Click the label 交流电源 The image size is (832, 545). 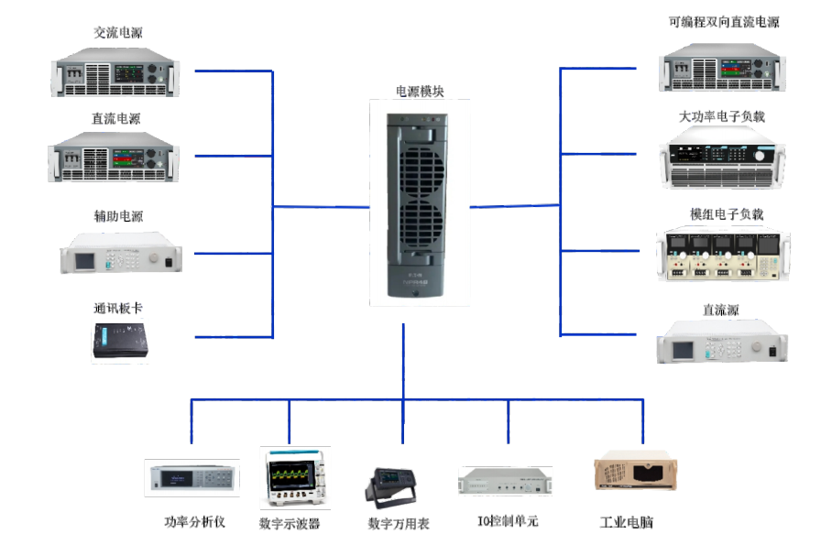tap(118, 33)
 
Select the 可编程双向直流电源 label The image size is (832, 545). tap(724, 22)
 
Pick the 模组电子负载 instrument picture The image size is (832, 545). tap(723, 254)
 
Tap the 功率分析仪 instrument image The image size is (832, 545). tap(192, 478)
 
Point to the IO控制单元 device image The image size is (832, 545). tap(505, 481)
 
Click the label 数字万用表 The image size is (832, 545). tap(399, 524)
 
